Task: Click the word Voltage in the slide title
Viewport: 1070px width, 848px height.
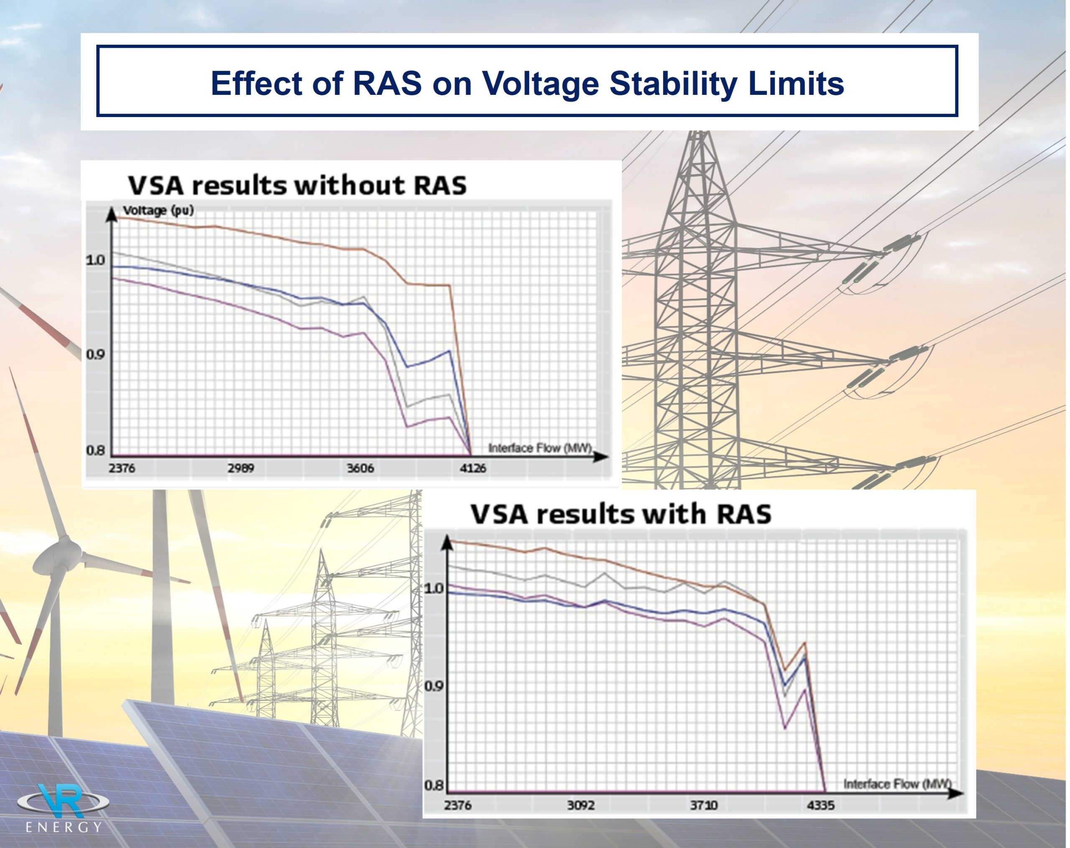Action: coord(540,83)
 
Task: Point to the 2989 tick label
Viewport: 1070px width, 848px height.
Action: coord(241,468)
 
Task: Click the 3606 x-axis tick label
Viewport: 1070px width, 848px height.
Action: coord(360,468)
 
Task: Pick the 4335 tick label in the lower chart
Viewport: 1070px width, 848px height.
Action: coord(821,805)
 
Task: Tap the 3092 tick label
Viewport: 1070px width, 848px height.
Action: coord(581,805)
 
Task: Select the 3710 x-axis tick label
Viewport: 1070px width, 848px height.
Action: coord(704,805)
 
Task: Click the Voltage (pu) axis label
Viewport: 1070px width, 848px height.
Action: coord(158,210)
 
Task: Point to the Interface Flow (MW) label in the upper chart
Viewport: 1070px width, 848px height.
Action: coord(540,448)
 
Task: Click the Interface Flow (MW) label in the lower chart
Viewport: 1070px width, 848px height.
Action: coord(897,784)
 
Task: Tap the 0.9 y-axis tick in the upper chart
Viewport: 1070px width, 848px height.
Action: coord(95,354)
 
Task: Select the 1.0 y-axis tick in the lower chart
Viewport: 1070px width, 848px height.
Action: coord(434,588)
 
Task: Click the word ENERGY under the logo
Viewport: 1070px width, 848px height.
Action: coord(64,827)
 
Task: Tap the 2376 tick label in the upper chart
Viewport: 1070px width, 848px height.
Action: coord(122,468)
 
